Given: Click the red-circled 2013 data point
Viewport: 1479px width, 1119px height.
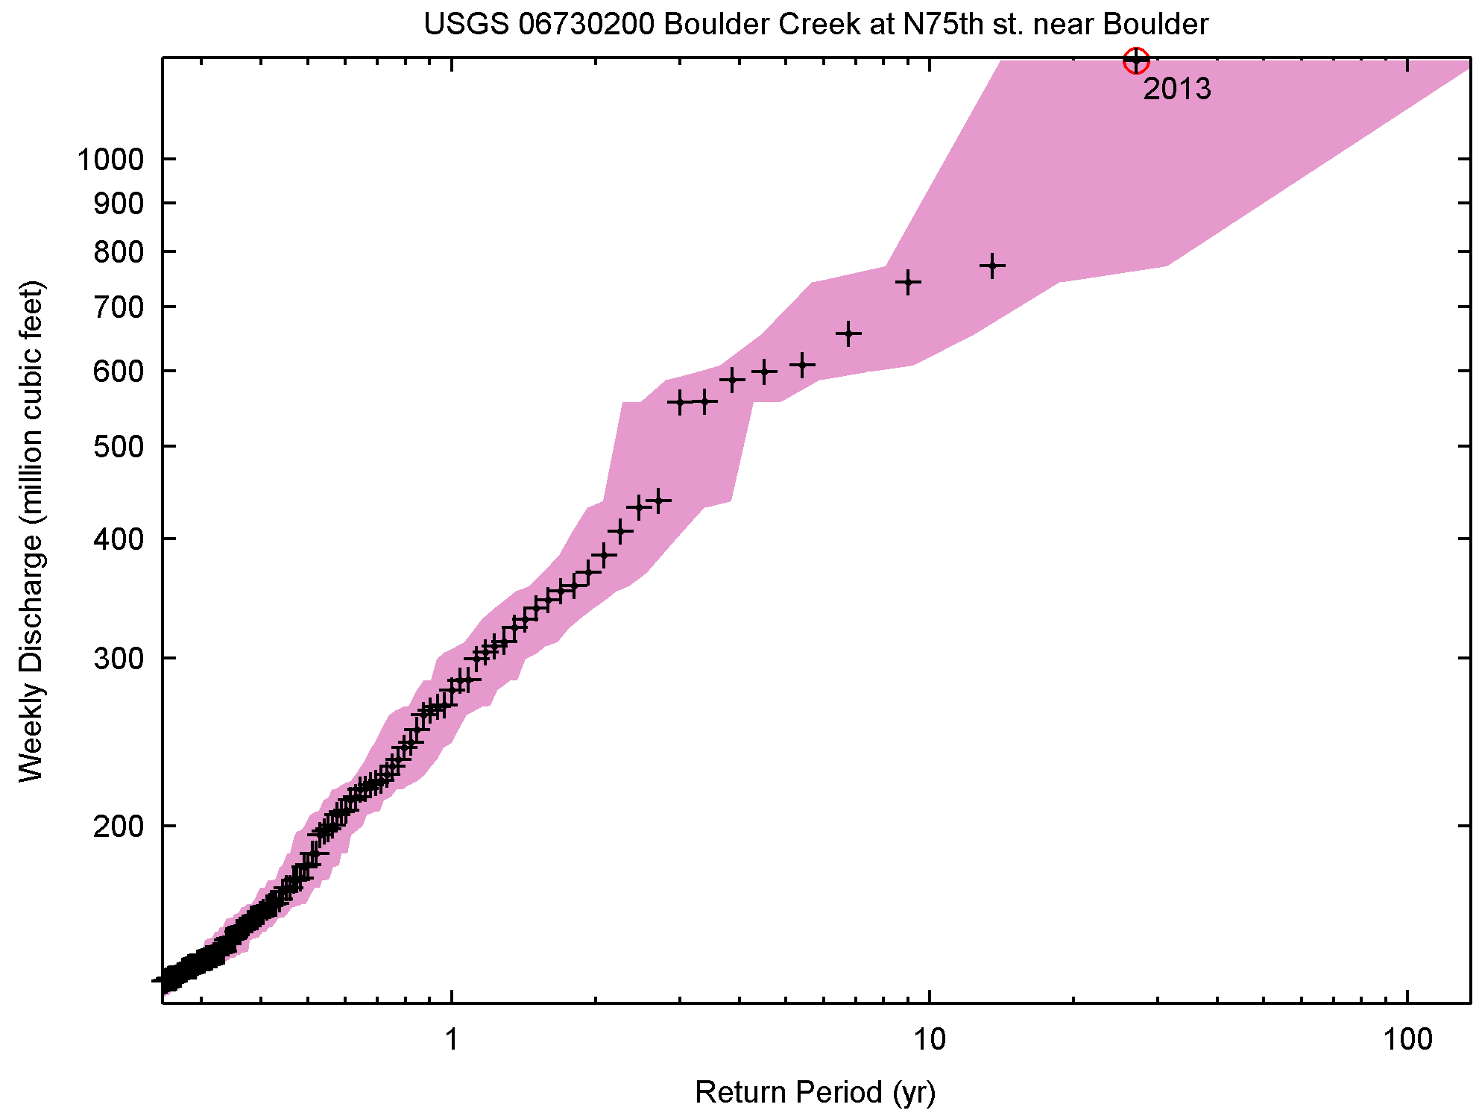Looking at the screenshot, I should pyautogui.click(x=1135, y=60).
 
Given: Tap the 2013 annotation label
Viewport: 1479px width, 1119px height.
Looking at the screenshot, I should pyautogui.click(x=1177, y=90).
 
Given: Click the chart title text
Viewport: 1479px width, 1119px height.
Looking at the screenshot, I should pyautogui.click(x=816, y=25).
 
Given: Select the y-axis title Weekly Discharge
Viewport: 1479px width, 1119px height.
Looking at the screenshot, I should pyautogui.click(x=31, y=531).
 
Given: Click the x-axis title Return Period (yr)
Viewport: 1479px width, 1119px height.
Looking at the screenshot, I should pyautogui.click(x=815, y=1092).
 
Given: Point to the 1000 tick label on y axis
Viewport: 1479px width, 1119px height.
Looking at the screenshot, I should pyautogui.click(x=110, y=159).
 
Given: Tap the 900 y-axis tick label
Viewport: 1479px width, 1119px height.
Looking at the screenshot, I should pyautogui.click(x=119, y=203).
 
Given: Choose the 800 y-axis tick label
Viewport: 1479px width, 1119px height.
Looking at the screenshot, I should pyautogui.click(x=119, y=252).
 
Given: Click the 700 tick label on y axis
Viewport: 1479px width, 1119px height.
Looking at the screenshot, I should pyautogui.click(x=119, y=307).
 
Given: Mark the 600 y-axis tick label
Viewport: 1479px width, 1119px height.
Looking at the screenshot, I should pyautogui.click(x=119, y=371).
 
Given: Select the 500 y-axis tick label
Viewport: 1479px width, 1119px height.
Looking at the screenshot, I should pyautogui.click(x=119, y=446).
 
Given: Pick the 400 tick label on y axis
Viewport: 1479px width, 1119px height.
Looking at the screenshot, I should pyautogui.click(x=119, y=539).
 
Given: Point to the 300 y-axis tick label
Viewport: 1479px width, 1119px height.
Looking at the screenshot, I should pyautogui.click(x=119, y=658).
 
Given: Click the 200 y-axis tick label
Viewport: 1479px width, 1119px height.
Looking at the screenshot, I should pyautogui.click(x=119, y=826).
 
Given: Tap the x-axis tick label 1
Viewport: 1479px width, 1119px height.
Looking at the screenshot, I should pyautogui.click(x=452, y=1039).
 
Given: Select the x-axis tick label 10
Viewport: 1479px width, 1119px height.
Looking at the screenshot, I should pyautogui.click(x=930, y=1039).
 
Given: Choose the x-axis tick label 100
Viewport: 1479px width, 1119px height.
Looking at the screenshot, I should pyautogui.click(x=1407, y=1039).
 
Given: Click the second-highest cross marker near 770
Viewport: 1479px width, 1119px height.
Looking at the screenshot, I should pyautogui.click(x=992, y=266).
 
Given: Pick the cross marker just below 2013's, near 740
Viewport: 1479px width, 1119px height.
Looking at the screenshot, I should pyautogui.click(x=908, y=282).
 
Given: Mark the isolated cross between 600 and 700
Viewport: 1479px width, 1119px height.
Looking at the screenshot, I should pyautogui.click(x=848, y=333).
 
